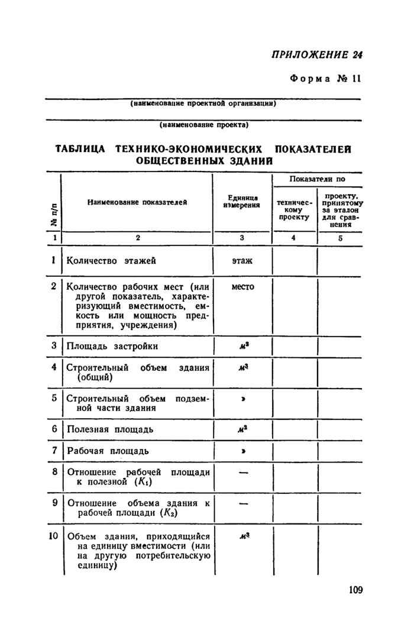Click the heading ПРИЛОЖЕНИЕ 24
[316, 55]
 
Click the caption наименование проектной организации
[203, 104]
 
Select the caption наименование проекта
[203, 125]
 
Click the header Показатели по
[317, 179]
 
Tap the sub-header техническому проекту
[293, 209]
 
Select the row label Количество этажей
[111, 260]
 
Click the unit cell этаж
[242, 260]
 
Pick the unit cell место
[242, 287]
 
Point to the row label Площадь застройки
[112, 346]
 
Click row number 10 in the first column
[54, 536]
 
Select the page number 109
[355, 590]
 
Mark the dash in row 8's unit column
[242, 473]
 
